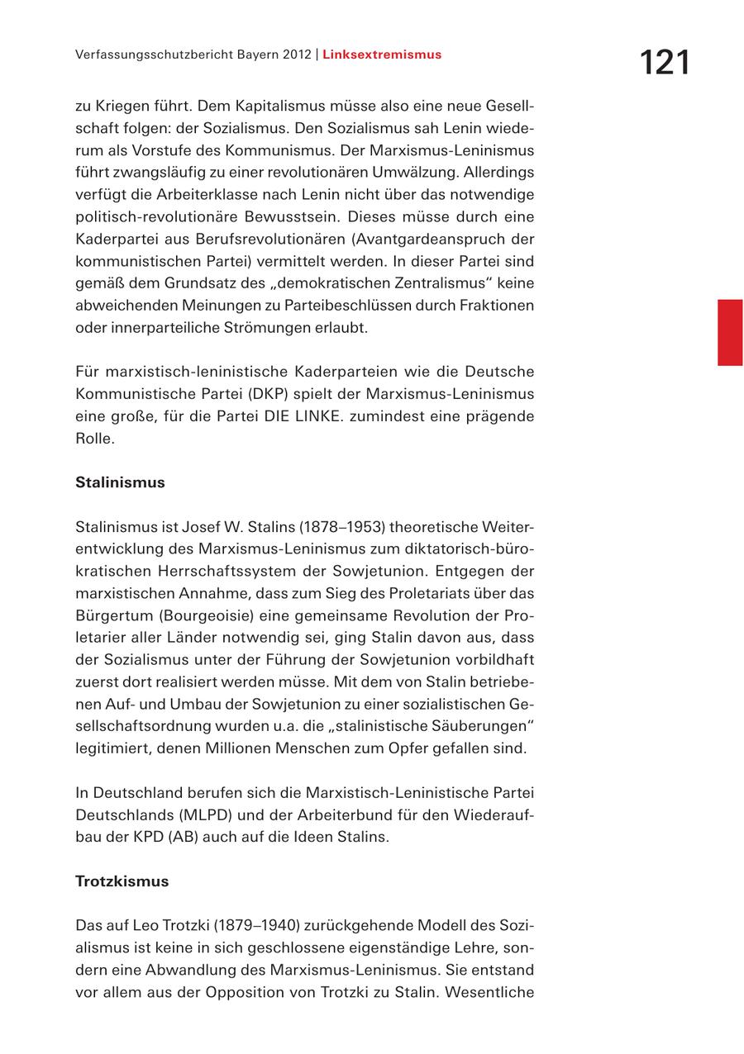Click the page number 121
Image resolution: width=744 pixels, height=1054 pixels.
pos(664,63)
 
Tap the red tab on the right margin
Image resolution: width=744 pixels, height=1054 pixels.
pos(729,332)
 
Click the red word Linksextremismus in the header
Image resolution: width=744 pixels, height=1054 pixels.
pos(382,55)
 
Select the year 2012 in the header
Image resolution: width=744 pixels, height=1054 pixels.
pos(295,55)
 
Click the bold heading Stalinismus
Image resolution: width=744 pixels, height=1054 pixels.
pos(120,482)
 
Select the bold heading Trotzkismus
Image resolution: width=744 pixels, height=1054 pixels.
pos(122,881)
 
